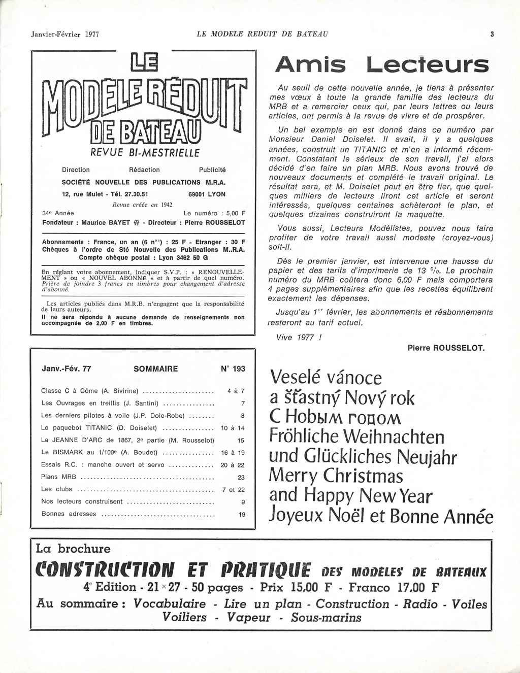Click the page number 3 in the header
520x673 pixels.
[492, 35]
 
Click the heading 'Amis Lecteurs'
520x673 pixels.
[381, 64]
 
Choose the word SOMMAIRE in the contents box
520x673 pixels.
[155, 369]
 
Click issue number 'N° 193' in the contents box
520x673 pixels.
[233, 369]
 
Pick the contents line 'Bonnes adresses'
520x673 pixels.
[69, 514]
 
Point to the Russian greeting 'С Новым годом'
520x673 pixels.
[336, 417]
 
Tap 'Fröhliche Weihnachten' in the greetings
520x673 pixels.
[356, 436]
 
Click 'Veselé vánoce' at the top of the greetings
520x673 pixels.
[326, 378]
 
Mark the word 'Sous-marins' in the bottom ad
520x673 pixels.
[326, 618]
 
